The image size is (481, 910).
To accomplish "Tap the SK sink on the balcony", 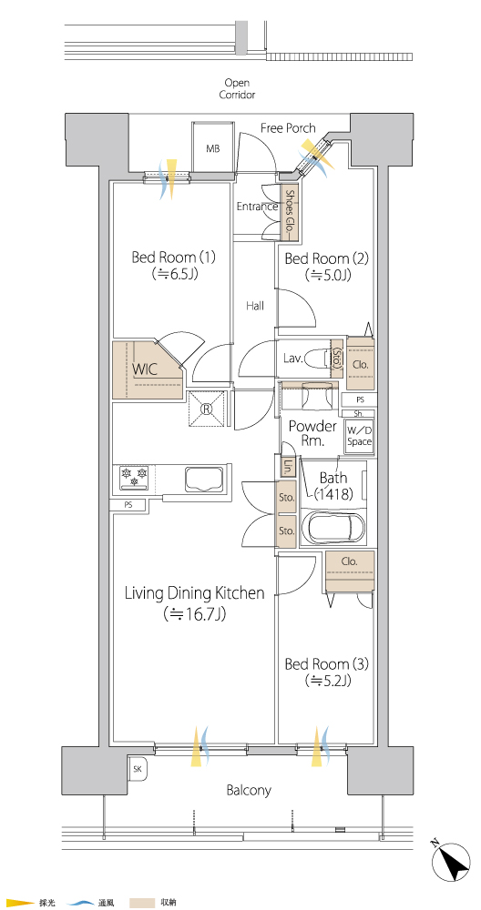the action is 138,769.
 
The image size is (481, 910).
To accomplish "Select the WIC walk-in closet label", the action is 145,369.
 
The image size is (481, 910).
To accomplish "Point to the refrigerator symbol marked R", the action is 206,408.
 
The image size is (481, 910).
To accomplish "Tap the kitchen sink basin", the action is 204,480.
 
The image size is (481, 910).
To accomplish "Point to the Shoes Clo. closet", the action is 290,211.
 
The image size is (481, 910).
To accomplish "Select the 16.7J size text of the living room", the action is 195,612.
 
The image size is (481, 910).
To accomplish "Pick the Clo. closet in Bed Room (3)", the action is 350,571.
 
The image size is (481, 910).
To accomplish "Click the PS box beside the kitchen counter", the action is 128,505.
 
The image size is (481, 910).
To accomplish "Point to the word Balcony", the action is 249,790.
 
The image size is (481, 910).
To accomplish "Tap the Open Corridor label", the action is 237,89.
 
